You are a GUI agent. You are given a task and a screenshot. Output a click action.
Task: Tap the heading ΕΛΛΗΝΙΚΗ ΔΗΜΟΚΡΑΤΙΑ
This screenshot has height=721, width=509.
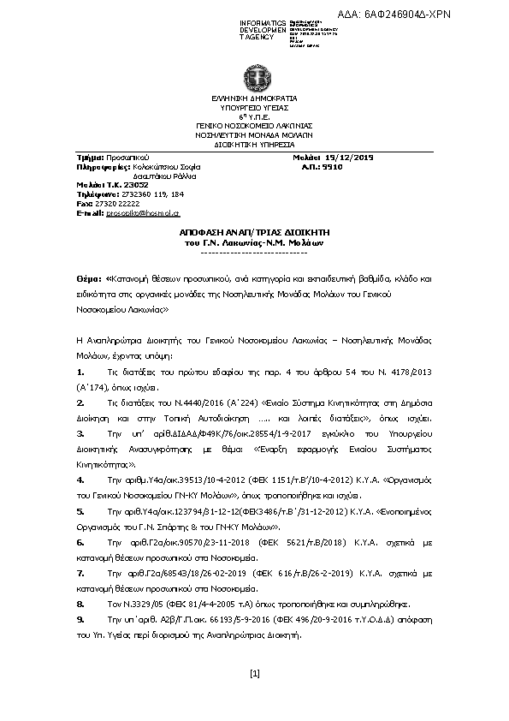pyautogui.click(x=253, y=99)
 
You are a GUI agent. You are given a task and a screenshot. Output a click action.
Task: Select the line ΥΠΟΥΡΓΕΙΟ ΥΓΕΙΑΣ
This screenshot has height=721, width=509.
pyautogui.click(x=253, y=108)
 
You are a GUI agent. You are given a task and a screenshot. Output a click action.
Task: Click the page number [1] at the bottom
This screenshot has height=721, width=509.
pyautogui.click(x=254, y=673)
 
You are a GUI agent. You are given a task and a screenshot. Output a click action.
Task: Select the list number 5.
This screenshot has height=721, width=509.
pyautogui.click(x=80, y=509)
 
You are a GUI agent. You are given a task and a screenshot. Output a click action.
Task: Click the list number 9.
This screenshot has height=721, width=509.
pyautogui.click(x=80, y=617)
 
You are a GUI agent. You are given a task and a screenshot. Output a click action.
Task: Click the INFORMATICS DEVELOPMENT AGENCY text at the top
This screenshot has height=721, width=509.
pyautogui.click(x=263, y=30)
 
